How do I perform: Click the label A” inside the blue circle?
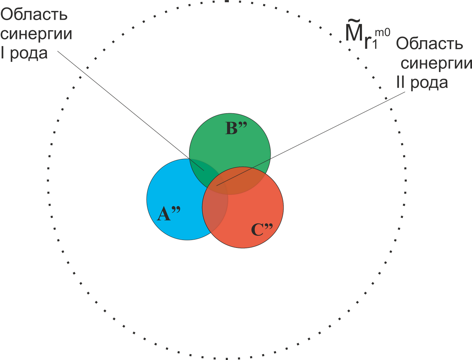point(169,214)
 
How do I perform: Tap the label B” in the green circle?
point(236,128)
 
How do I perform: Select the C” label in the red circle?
point(262,229)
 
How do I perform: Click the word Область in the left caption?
point(34,14)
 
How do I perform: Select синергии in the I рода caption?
point(36,34)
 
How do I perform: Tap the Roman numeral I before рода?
point(2,53)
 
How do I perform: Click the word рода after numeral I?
point(29,54)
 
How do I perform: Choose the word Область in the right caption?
point(430,43)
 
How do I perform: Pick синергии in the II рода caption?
point(436,64)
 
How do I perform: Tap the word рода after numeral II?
point(429,84)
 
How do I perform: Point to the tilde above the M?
point(354,22)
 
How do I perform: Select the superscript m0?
point(382,33)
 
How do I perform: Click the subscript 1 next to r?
point(375,45)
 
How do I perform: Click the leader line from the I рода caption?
point(131,111)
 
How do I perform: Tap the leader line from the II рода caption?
point(311,139)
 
